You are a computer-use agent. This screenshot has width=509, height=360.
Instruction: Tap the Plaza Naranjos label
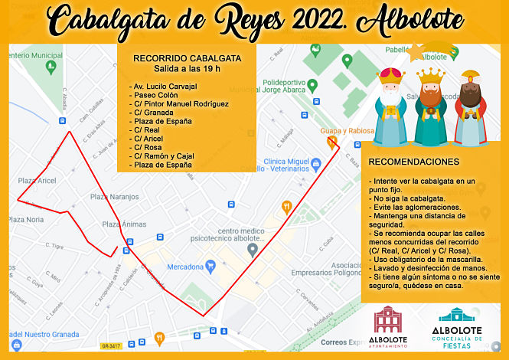[115, 197]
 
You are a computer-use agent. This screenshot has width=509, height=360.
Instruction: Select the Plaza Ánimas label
[124, 224]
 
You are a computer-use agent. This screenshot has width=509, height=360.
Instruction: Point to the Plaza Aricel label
[37, 181]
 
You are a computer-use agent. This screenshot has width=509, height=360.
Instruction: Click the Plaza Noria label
[25, 220]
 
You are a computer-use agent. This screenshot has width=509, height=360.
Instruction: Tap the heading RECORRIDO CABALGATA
[187, 57]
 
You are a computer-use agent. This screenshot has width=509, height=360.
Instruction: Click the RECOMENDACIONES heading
[414, 162]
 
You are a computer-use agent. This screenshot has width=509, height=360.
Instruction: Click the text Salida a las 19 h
[187, 70]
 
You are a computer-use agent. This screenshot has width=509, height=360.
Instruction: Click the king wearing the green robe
[430, 107]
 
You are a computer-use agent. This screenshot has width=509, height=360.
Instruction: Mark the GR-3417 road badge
[111, 346]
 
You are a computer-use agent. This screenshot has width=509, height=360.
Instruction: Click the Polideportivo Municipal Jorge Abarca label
[295, 85]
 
